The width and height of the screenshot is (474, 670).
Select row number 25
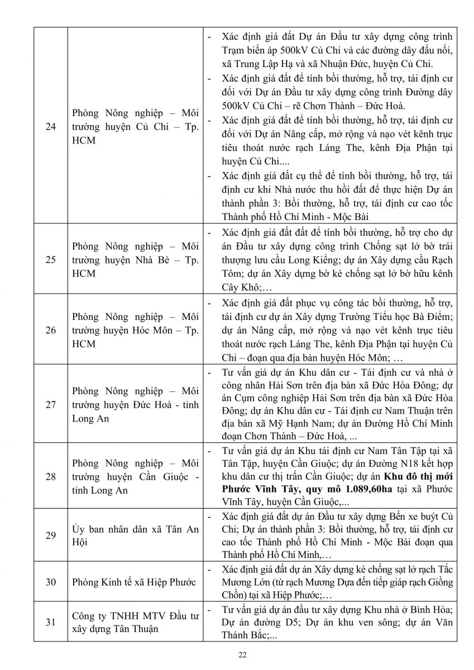tap(51, 259)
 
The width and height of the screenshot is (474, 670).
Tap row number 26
tap(51, 330)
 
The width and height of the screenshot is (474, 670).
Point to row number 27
tap(51, 404)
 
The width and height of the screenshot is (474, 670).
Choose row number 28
tap(51, 476)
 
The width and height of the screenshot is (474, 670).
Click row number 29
tap(51, 535)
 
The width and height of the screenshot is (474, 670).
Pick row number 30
tap(51, 582)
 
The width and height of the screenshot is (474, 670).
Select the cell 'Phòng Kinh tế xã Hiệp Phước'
tap(134, 582)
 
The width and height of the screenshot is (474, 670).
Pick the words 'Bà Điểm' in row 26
tap(433, 317)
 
